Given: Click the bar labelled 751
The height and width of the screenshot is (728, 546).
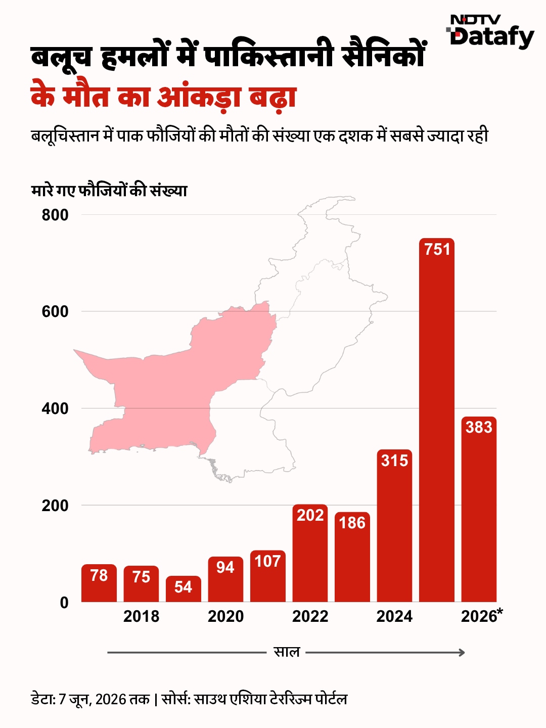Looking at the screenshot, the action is (x=436, y=420).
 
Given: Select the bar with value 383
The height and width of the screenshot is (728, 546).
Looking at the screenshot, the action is (x=479, y=509).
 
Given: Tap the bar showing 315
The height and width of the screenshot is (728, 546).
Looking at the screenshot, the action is (x=394, y=525).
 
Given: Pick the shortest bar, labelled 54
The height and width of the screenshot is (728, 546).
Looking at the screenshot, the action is (x=184, y=588).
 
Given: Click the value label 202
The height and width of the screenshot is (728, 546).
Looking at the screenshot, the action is (x=310, y=515).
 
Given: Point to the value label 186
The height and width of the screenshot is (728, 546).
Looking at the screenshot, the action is (x=352, y=523).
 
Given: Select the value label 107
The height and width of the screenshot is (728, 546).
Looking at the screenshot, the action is (x=267, y=561).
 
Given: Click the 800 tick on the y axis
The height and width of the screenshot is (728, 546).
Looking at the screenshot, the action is (x=55, y=215).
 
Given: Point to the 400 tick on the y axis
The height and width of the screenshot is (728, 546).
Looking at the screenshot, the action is (x=55, y=408).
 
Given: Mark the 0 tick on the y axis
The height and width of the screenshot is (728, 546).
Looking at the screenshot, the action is (x=64, y=602).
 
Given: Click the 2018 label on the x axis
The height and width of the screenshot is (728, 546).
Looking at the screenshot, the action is (x=141, y=617).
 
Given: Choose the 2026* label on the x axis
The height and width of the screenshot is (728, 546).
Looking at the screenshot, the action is (x=482, y=616).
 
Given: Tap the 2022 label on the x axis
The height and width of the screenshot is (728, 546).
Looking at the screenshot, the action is (x=310, y=617).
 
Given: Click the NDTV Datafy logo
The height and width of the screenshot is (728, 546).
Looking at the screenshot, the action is (x=490, y=32).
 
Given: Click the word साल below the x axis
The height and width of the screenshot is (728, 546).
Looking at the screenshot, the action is (x=287, y=652).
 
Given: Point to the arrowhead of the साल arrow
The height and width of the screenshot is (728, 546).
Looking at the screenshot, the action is (x=462, y=653).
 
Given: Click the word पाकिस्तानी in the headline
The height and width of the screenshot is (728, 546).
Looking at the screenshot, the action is (x=268, y=57).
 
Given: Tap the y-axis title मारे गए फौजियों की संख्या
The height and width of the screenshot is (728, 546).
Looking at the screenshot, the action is (x=109, y=191).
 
